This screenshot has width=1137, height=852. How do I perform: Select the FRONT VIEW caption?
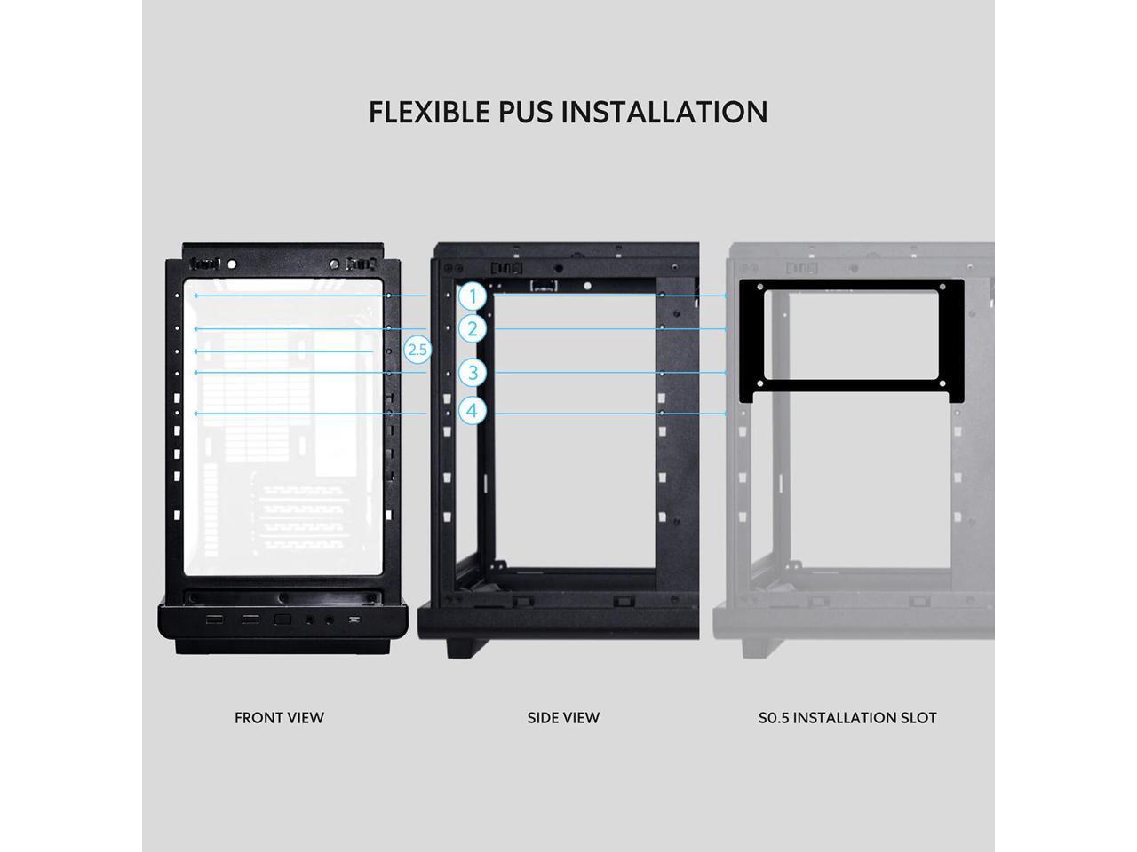click(279, 717)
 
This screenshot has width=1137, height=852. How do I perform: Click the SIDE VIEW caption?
click(563, 717)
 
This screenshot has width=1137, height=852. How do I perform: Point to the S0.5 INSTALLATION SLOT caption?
click(847, 717)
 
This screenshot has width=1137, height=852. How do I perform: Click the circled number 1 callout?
click(473, 296)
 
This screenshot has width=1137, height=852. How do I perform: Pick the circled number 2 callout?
click(473, 329)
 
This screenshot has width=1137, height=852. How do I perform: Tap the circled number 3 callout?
click(473, 373)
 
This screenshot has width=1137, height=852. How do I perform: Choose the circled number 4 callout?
click(473, 411)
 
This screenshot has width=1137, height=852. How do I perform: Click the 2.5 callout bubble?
click(417, 350)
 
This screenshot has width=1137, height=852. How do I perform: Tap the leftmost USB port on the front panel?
click(214, 619)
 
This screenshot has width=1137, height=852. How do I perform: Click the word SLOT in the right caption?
click(918, 717)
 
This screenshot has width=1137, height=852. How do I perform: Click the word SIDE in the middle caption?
click(543, 717)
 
